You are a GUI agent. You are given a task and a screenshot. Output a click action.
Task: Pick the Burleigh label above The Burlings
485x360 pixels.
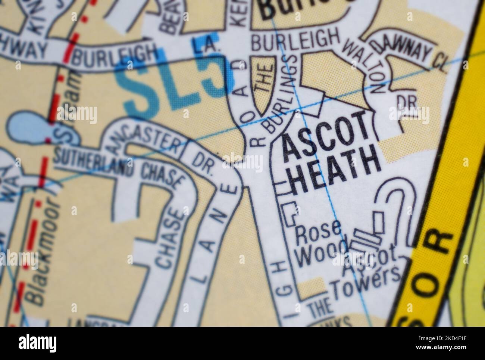295,40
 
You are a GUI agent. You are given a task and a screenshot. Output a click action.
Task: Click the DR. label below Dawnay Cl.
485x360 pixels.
403,101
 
